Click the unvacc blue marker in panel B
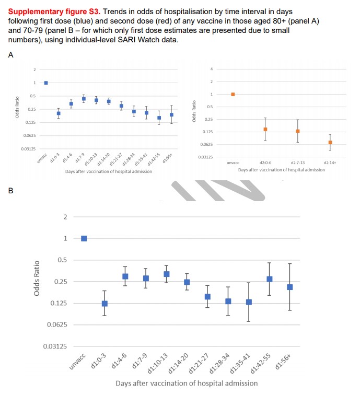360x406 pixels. (84, 238)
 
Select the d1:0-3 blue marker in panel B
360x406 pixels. (104, 304)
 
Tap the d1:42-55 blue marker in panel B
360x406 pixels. (270, 279)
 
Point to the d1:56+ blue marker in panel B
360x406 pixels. (290, 287)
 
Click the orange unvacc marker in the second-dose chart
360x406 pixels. (233, 95)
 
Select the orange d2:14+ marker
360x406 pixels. (330, 142)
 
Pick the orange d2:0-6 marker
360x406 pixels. (265, 129)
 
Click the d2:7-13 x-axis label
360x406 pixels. (298, 163)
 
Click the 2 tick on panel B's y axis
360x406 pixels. (65, 217)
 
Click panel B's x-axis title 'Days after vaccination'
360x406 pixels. (187, 383)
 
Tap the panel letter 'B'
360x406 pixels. (10, 191)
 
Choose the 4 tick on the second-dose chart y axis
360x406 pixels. (212, 69)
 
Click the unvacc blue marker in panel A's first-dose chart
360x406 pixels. (46, 83)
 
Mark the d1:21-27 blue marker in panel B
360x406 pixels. (207, 296)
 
